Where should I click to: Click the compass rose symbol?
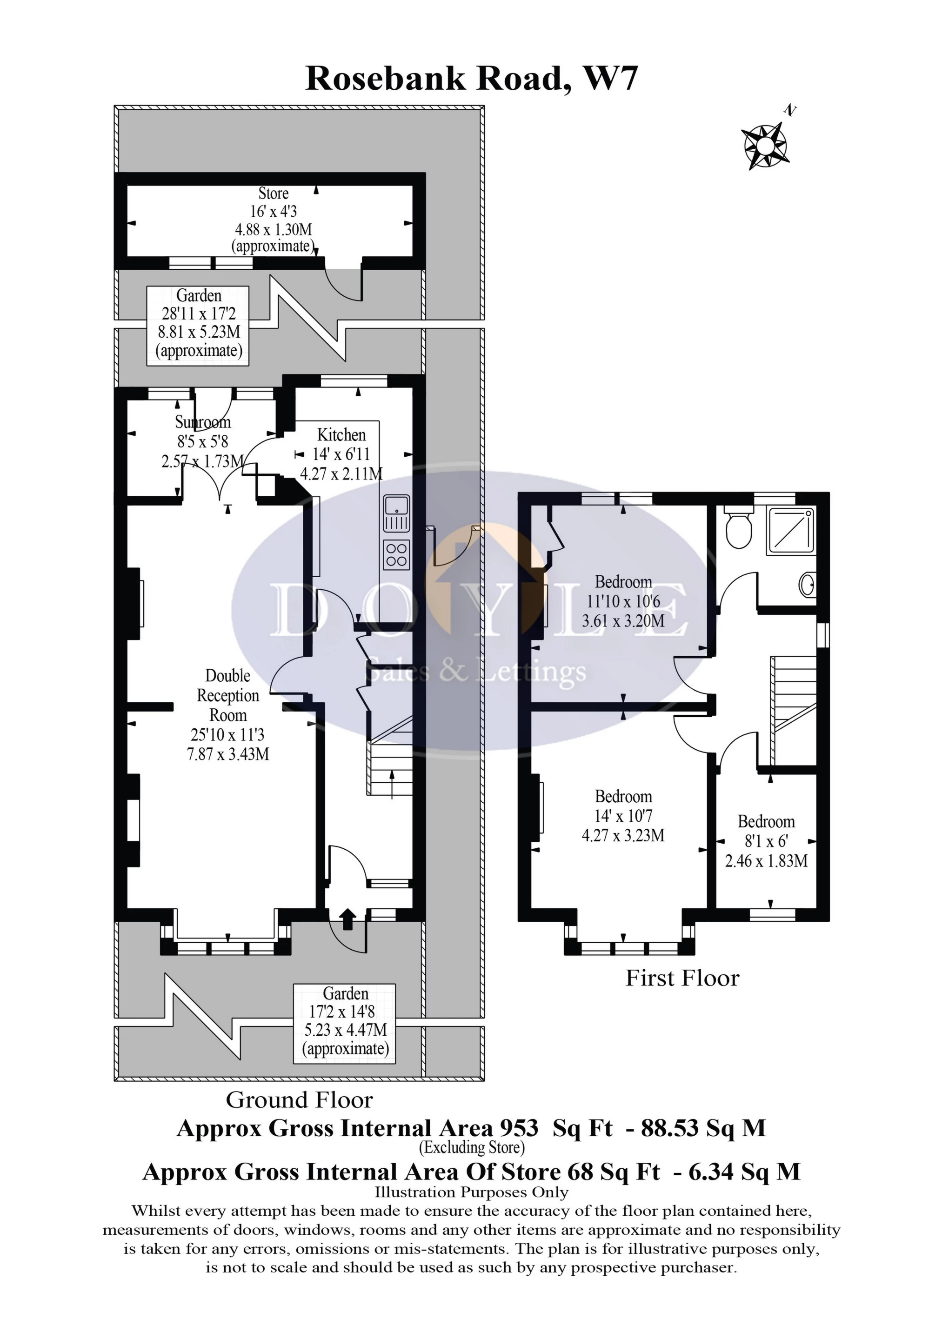[765, 146]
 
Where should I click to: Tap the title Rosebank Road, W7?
[471, 79]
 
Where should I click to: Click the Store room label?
[274, 193]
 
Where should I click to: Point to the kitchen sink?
[396, 513]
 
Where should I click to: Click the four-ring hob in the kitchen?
[396, 554]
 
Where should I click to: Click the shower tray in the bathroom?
[790, 531]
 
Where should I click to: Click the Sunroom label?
[202, 422]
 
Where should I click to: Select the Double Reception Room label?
[228, 695]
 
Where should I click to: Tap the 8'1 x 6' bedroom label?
[766, 841]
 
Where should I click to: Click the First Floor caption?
[682, 978]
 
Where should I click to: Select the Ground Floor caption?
[300, 1100]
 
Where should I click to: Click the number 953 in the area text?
[518, 1128]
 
